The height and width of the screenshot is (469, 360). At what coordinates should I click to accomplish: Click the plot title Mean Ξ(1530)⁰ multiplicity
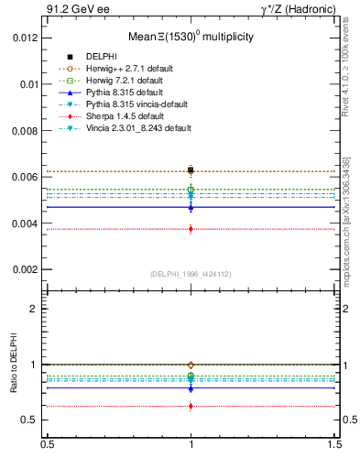coord(191,37)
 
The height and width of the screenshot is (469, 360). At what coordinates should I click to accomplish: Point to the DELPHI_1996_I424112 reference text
coord(191,274)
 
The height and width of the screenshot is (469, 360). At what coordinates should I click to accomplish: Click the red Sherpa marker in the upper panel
coord(191,229)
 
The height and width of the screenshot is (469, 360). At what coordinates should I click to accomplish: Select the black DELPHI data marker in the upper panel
coord(191,170)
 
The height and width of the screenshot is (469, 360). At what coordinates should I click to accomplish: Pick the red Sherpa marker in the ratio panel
coord(191,406)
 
